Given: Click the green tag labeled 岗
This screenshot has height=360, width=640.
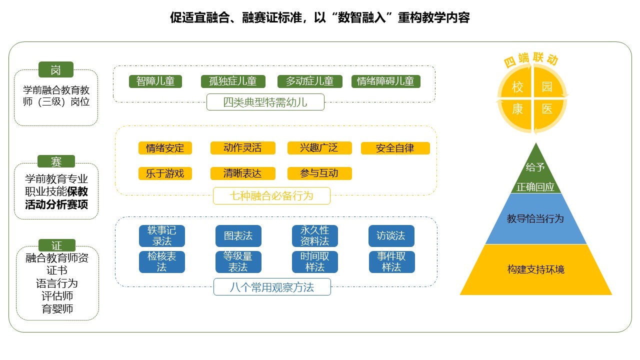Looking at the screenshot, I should (x=55, y=70).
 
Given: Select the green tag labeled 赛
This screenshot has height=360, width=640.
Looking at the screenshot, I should (x=56, y=161).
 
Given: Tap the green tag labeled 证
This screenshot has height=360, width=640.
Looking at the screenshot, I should (x=56, y=245).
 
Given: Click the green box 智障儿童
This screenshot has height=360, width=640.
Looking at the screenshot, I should (x=155, y=81).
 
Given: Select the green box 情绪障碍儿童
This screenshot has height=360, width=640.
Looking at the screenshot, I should (x=385, y=81).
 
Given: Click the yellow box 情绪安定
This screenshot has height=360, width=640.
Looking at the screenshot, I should (x=165, y=148).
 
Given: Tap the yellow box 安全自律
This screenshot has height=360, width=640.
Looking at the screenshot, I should (x=395, y=148).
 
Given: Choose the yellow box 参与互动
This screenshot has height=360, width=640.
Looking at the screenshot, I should (x=319, y=173).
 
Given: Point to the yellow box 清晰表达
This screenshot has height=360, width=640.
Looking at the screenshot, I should (x=242, y=173).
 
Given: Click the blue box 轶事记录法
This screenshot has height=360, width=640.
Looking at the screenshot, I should (x=161, y=236).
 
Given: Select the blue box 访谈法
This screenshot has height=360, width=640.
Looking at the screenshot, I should (x=391, y=236).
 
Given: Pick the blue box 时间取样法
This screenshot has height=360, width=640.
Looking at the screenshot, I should (x=314, y=261).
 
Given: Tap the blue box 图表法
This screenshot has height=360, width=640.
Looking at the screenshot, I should (x=238, y=236).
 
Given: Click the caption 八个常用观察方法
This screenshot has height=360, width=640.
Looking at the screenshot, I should (x=272, y=287).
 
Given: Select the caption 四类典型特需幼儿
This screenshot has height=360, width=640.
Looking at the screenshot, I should (x=265, y=103).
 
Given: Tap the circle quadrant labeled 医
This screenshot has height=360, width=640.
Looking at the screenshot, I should (x=547, y=108).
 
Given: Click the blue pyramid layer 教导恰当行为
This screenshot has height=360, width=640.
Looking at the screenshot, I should (x=535, y=219).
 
